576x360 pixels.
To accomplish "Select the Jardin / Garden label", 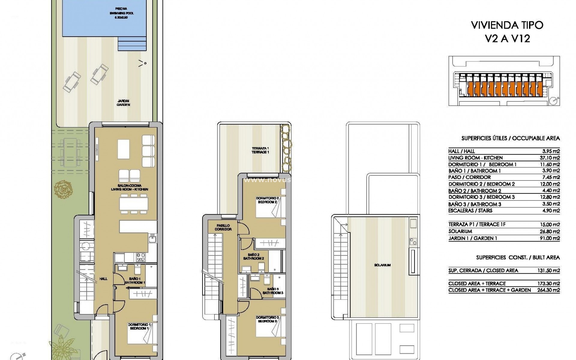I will (124, 103).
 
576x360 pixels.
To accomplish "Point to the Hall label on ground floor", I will (103, 279).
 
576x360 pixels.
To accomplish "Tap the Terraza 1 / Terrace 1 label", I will (260, 150).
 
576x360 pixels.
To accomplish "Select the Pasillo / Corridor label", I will (223, 227).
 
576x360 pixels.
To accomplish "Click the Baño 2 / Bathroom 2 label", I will (253, 256).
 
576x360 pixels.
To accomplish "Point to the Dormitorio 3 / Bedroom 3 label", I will (268, 319).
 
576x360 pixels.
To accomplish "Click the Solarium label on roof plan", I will (382, 265).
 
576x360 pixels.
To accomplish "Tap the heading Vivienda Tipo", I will (507, 25).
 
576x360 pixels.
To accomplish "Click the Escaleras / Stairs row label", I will (470, 211).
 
